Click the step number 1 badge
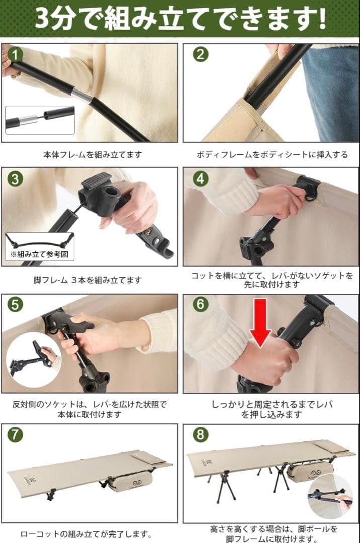[x=16, y=54]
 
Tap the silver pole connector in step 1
[x=82, y=96]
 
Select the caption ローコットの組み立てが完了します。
[x=86, y=533]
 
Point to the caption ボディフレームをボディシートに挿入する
[x=272, y=155]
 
